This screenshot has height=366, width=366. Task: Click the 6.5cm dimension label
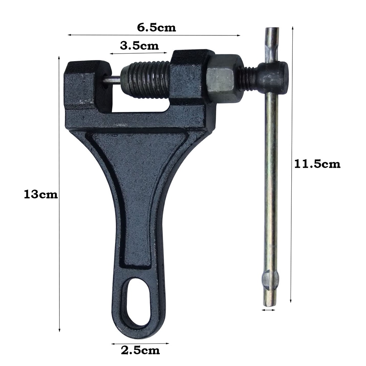click(156, 28)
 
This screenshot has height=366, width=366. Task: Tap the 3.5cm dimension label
click(139, 46)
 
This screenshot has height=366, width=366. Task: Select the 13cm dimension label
click(41, 194)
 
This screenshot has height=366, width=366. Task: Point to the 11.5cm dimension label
click(317, 164)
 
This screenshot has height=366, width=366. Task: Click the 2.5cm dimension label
click(140, 350)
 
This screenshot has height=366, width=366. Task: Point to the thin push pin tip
click(112, 80)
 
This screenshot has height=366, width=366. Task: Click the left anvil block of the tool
click(88, 86)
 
